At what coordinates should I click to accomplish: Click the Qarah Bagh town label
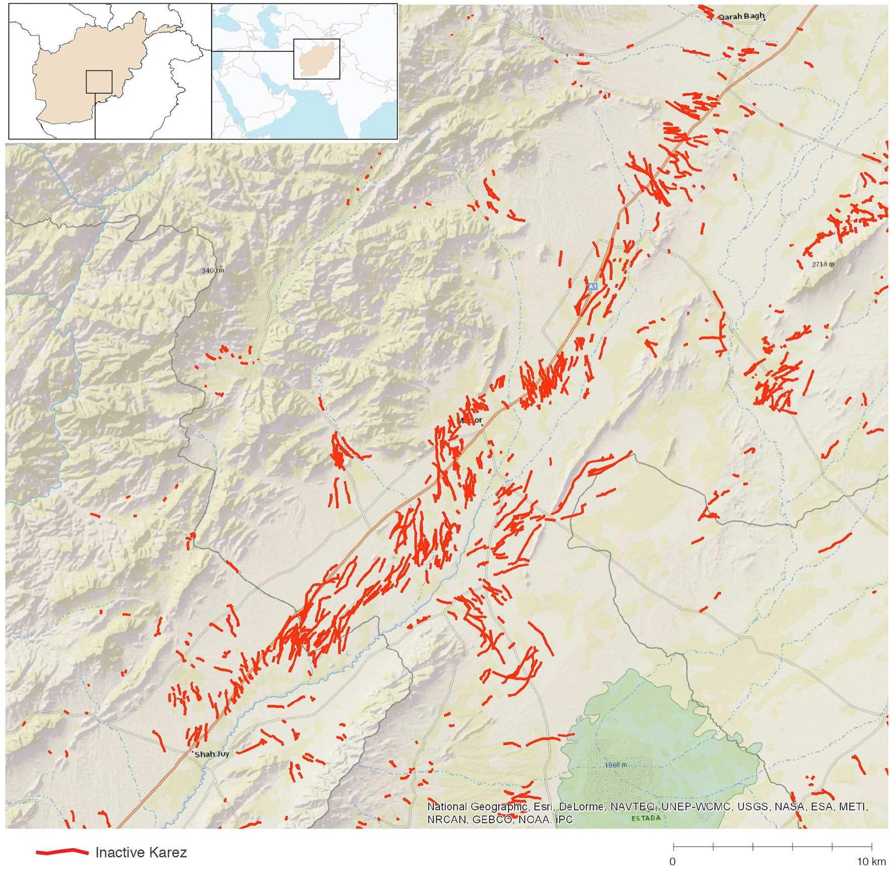pos(741,17)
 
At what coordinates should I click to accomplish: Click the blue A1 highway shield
pos(593,286)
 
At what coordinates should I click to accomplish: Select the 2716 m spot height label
pos(823,264)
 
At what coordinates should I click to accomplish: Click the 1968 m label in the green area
pos(616,766)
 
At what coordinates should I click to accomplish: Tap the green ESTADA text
pos(645,818)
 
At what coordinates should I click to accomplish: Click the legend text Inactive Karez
pos(141,852)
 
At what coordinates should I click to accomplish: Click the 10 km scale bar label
pos(871,861)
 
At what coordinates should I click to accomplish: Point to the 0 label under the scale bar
pos(672,861)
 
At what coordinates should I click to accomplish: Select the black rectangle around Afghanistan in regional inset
pos(317,58)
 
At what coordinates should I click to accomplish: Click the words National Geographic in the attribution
pos(466,806)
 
